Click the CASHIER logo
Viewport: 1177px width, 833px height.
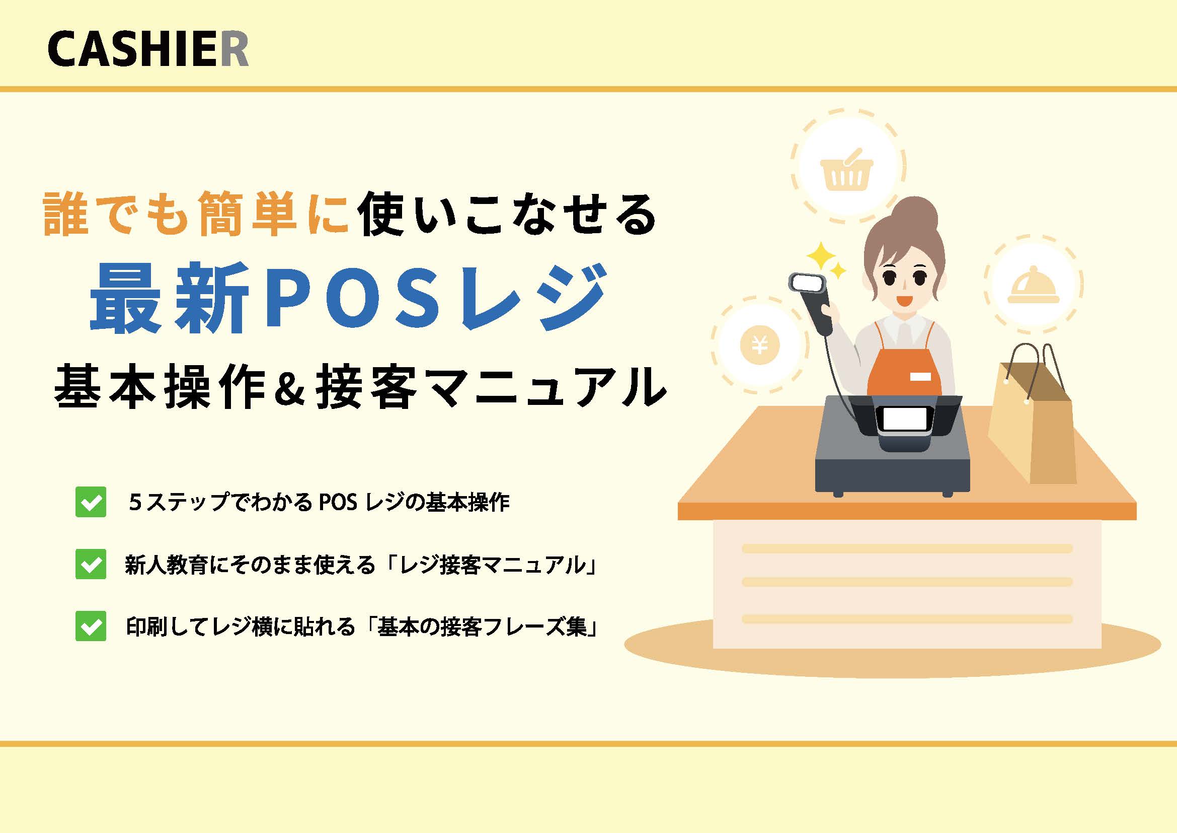click(147, 49)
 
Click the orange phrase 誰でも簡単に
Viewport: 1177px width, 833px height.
click(197, 214)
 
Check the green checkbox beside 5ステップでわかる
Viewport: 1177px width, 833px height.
click(91, 502)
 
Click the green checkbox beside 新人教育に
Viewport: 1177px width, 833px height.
click(91, 564)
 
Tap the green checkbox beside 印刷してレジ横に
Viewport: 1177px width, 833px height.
click(91, 626)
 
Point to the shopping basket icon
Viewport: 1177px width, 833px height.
click(847, 170)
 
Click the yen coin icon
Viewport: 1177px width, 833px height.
click(760, 344)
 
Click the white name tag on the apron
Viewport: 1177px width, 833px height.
click(920, 377)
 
